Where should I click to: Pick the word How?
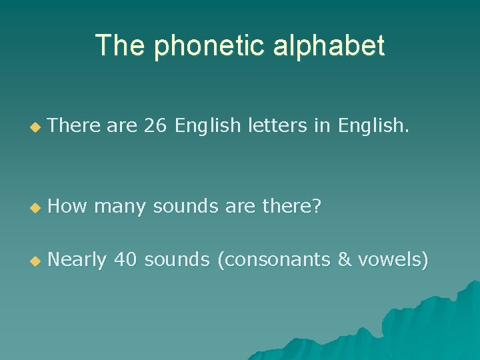(x=68, y=207)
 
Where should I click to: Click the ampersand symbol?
(x=345, y=259)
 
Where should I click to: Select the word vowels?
(x=393, y=259)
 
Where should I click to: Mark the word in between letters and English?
(x=324, y=125)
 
